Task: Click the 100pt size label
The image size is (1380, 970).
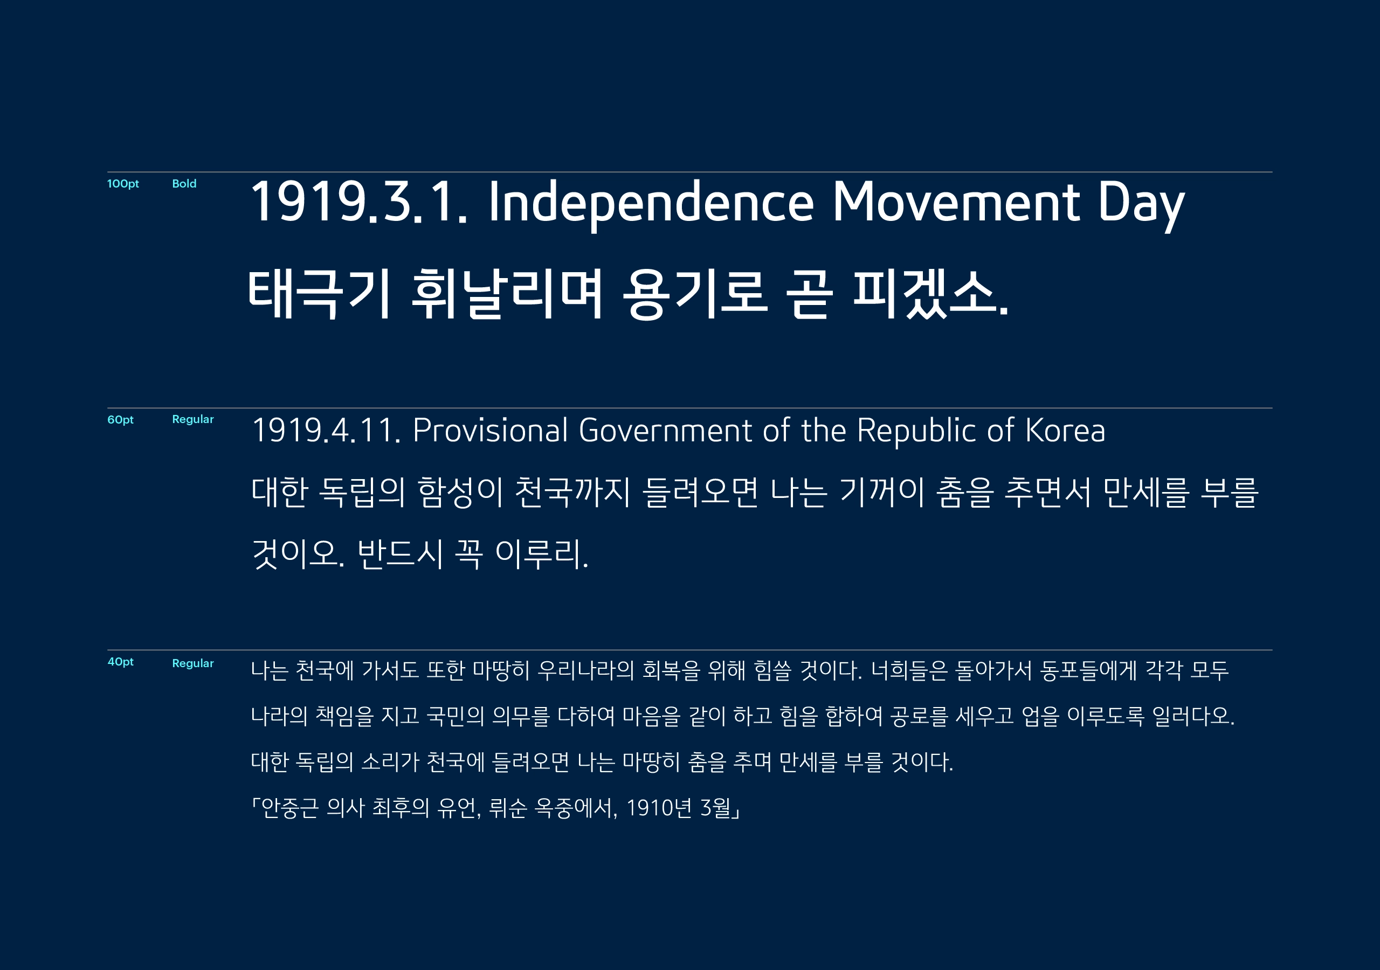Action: click(x=122, y=184)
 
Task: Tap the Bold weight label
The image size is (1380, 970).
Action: click(x=184, y=184)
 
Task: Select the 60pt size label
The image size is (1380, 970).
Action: click(x=120, y=419)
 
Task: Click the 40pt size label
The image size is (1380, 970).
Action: click(x=120, y=662)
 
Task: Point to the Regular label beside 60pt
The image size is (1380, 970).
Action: click(x=192, y=419)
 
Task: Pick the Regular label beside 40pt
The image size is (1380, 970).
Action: click(x=192, y=663)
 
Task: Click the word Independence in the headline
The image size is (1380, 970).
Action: click(x=651, y=203)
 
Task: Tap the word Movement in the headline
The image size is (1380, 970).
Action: click(x=956, y=203)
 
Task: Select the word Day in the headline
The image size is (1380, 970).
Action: click(x=1141, y=203)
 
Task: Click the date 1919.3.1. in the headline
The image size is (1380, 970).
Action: click(x=358, y=203)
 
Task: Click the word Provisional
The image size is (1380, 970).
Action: click(x=490, y=431)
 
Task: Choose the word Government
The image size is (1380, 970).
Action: click(x=665, y=431)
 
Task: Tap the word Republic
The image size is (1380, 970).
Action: click(x=917, y=431)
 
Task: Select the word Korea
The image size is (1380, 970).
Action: click(x=1065, y=431)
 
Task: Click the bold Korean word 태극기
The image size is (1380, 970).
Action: click(x=320, y=294)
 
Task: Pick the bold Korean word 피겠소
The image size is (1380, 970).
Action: click(x=930, y=294)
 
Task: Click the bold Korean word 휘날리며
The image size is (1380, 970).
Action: click(x=507, y=294)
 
